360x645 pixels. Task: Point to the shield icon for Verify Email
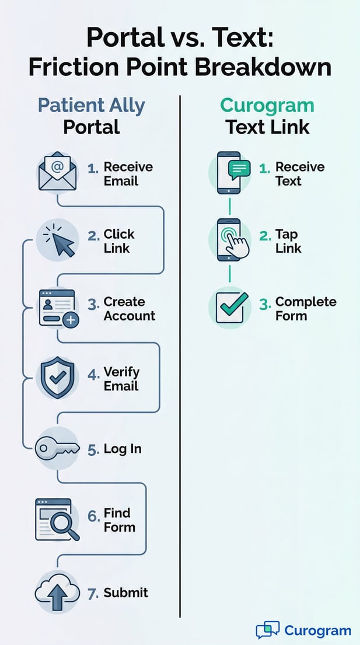click(57, 378)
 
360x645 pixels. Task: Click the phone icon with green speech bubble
click(230, 172)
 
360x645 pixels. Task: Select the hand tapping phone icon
click(232, 240)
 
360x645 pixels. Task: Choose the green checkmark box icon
click(229, 307)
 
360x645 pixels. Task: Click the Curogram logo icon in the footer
click(267, 630)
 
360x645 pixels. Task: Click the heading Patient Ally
click(91, 106)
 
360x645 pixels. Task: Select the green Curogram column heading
click(267, 106)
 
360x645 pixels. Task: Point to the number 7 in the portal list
click(92, 594)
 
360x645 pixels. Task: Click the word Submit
click(125, 593)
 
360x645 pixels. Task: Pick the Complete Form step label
click(305, 309)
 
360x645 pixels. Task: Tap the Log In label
click(123, 449)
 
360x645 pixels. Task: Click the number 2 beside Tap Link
click(265, 235)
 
